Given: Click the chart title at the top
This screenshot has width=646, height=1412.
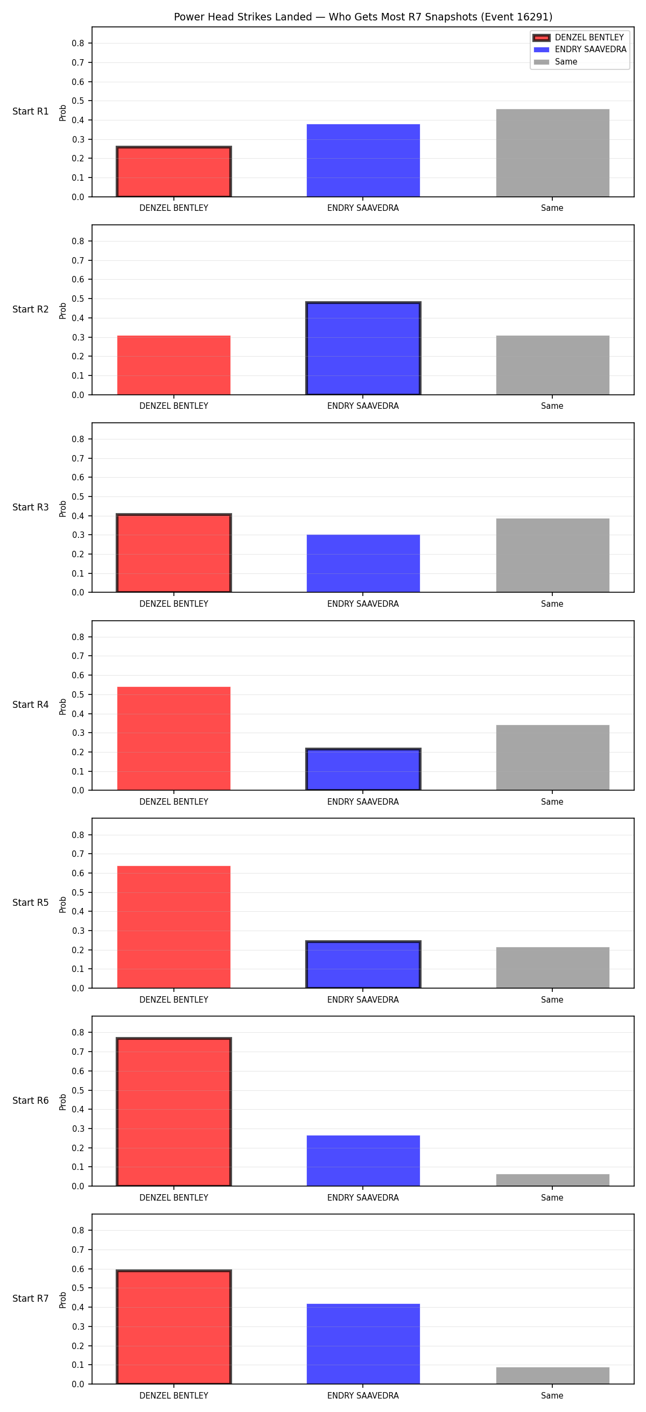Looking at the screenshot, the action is (x=363, y=17).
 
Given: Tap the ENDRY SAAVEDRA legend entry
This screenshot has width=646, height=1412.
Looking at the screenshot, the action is (x=580, y=49).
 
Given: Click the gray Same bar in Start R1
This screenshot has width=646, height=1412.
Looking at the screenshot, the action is (x=552, y=153).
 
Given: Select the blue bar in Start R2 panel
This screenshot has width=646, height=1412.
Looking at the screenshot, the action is (x=363, y=348).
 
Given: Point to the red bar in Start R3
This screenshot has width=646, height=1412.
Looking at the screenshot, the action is (x=174, y=553).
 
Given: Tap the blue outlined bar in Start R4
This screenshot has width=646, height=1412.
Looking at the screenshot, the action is (x=363, y=770).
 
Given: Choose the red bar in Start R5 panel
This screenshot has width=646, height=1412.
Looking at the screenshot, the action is (x=174, y=927).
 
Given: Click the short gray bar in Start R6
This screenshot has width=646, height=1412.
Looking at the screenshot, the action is (x=552, y=1180).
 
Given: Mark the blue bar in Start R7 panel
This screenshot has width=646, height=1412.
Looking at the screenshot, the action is (x=363, y=1344).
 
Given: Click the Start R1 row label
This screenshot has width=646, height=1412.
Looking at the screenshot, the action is (x=31, y=111).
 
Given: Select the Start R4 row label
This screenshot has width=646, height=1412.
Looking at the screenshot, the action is (x=31, y=705).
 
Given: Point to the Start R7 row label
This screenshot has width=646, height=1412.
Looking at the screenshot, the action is (x=31, y=1299).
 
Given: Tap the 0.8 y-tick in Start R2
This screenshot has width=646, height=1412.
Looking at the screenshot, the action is (x=78, y=241).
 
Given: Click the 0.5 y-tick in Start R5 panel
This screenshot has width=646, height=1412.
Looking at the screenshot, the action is (x=78, y=892).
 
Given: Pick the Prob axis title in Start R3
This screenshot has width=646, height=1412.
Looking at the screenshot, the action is (x=62, y=508).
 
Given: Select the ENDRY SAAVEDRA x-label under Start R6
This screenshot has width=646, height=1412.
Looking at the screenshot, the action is (x=363, y=1198).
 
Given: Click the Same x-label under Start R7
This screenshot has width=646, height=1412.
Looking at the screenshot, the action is (x=552, y=1395).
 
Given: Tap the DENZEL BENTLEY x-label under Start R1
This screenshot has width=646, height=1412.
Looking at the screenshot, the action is (x=174, y=208).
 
